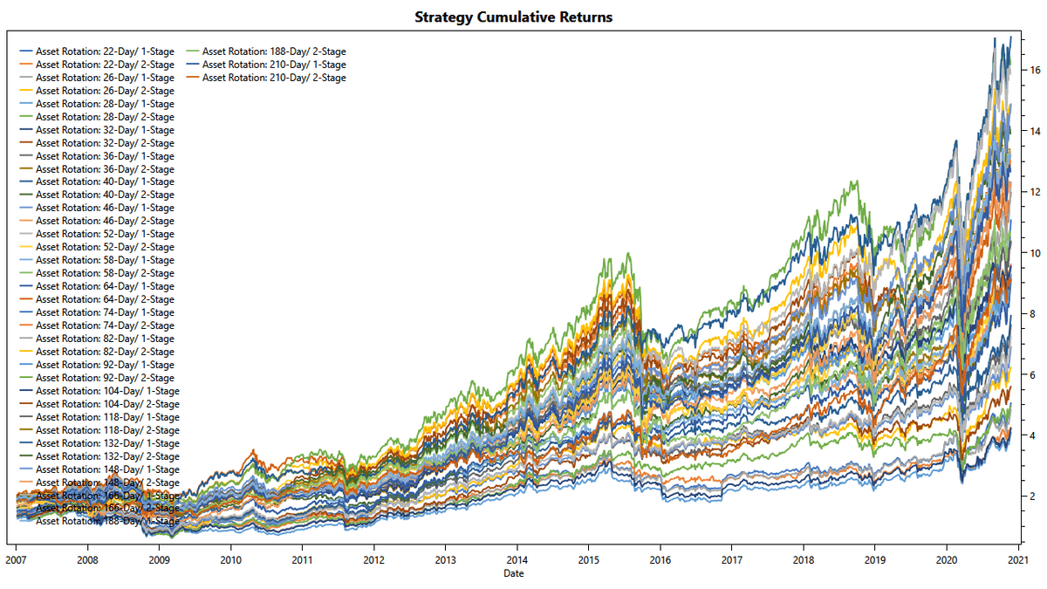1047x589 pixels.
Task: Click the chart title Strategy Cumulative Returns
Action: (513, 17)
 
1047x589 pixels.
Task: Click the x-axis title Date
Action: (514, 573)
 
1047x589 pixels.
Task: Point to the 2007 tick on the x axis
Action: (16, 559)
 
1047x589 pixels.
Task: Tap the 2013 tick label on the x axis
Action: (446, 559)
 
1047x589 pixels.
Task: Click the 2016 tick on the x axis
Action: (660, 559)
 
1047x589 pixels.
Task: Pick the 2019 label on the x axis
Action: (876, 559)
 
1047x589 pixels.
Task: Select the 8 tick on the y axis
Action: (1032, 313)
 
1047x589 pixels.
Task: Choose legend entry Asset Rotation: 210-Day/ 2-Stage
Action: (274, 78)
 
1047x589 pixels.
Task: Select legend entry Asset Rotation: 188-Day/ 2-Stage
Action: (274, 51)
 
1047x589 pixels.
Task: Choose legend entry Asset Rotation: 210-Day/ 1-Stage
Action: (274, 65)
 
